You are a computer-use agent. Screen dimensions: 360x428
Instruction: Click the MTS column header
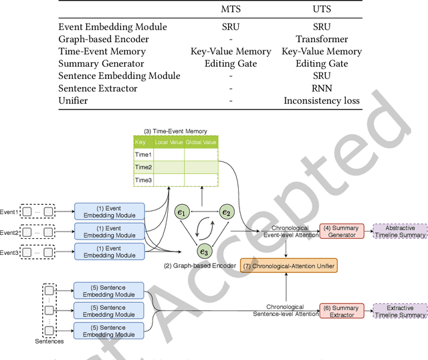click(231, 10)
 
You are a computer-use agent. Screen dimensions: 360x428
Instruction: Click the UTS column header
click(322, 10)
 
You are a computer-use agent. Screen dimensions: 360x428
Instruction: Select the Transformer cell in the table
click(322, 39)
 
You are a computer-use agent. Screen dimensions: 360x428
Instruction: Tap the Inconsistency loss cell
click(322, 100)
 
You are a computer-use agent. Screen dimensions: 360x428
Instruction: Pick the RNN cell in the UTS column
click(322, 88)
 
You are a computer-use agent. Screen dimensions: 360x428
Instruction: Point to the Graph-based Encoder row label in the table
click(104, 39)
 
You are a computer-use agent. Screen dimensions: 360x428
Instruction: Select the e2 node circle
click(227, 213)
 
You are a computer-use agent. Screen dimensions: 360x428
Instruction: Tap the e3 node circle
click(203, 252)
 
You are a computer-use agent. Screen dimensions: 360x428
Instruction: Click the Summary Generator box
click(341, 232)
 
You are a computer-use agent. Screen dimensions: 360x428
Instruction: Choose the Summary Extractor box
click(341, 311)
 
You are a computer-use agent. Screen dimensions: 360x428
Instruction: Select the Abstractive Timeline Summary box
click(399, 232)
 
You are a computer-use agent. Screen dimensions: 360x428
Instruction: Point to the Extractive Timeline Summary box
click(399, 311)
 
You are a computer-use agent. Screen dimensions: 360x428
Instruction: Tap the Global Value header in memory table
click(201, 142)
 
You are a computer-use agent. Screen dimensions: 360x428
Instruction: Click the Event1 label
click(9, 212)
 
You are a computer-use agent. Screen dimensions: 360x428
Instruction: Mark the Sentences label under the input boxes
click(50, 341)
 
